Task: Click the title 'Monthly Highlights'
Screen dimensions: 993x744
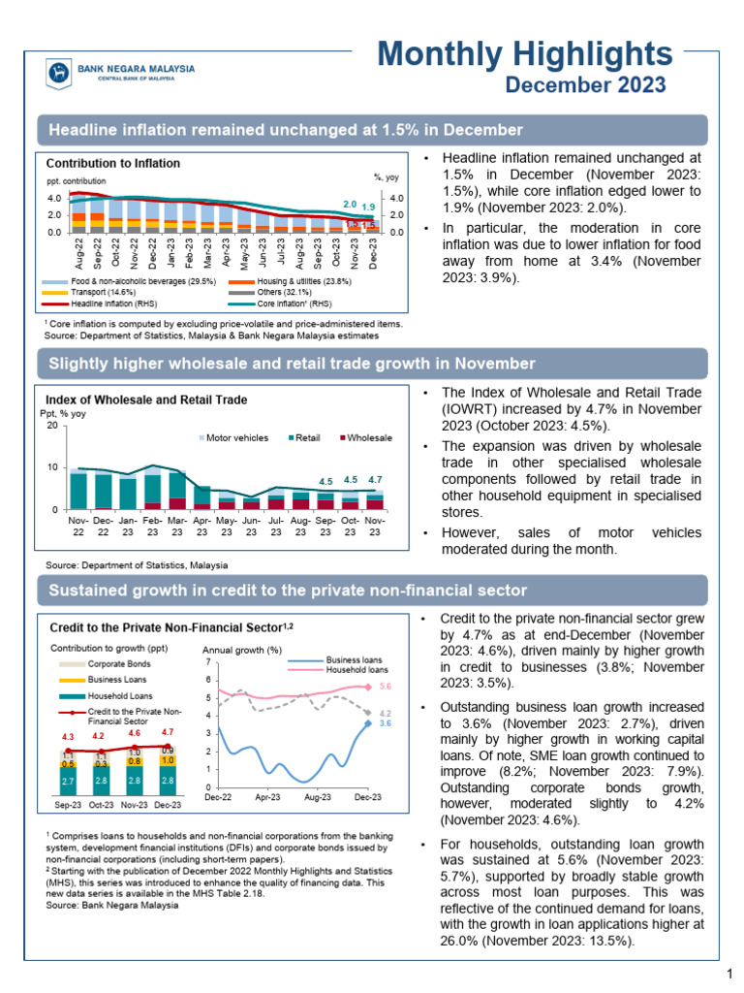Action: (x=523, y=53)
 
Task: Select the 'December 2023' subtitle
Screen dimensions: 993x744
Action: (x=586, y=85)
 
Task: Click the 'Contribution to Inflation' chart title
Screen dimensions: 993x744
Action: (x=113, y=164)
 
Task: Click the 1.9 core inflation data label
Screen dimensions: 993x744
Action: (x=368, y=207)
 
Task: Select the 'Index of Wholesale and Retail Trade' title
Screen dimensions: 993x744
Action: (x=146, y=400)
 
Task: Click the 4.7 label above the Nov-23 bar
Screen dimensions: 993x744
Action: (x=376, y=479)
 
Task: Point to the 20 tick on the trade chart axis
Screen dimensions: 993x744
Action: (x=52, y=426)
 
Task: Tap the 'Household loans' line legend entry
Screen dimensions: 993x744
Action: (x=356, y=669)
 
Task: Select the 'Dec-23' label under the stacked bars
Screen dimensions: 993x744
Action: (x=168, y=804)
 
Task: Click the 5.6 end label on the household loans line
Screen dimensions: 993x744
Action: (x=385, y=686)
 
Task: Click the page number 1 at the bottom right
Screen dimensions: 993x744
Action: (x=728, y=973)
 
